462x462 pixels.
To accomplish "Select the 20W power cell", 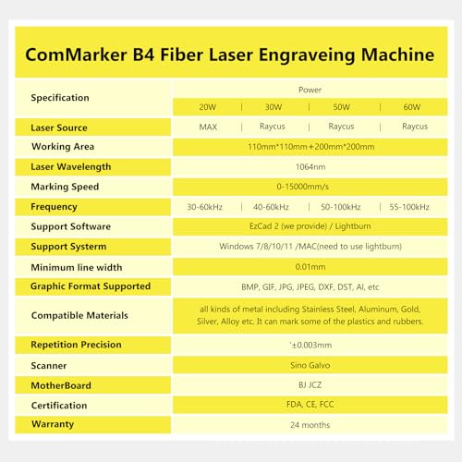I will [x=208, y=107].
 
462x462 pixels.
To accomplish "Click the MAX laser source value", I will [x=208, y=128].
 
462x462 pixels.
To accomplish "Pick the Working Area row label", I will [x=63, y=147].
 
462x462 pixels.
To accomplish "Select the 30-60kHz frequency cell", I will [x=208, y=207].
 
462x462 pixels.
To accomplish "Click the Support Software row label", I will [x=70, y=226].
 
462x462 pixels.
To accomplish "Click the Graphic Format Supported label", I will [x=91, y=286].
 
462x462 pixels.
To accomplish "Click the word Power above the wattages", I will [x=310, y=90].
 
